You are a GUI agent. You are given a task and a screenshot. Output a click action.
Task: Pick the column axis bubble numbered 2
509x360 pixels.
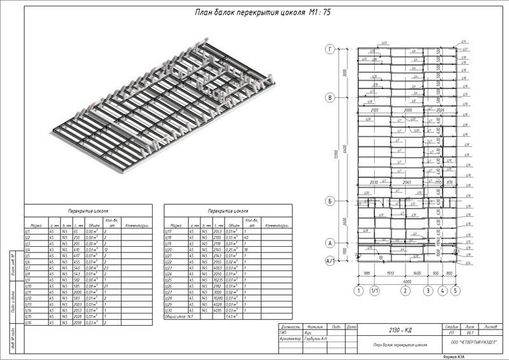coord(404,291)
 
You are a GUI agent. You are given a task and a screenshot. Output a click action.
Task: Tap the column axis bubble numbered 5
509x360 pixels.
coord(456,291)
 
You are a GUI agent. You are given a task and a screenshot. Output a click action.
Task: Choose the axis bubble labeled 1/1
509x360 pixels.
coord(375,291)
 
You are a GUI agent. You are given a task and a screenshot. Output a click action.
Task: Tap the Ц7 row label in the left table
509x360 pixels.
coord(27,269)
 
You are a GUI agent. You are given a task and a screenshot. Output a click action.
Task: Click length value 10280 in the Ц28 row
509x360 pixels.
coord(218,298)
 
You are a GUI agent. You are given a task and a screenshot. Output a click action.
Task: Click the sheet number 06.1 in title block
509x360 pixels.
coord(471,331)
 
